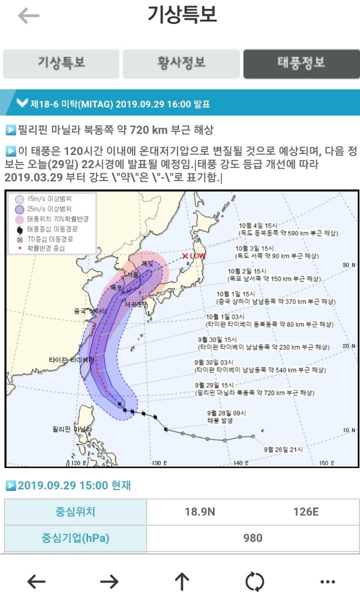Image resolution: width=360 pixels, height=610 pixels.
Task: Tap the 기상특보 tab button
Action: point(61,63)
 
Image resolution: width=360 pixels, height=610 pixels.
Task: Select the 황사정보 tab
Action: point(181,63)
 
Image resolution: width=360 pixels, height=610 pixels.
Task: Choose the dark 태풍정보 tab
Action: point(301,63)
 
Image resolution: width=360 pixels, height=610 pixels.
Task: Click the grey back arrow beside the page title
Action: point(28,16)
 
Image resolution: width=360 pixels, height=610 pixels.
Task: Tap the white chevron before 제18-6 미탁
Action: point(21,103)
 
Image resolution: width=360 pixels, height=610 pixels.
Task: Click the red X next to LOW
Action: point(185,256)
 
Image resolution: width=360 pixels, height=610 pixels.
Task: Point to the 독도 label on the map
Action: point(147,263)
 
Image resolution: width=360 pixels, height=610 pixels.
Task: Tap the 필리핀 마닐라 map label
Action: point(72,429)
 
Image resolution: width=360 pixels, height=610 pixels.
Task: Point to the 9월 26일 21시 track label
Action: point(283,449)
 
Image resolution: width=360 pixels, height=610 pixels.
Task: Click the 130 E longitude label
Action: point(159,463)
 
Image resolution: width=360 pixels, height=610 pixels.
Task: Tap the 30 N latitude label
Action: point(348,265)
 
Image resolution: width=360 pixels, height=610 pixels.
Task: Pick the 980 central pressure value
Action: point(252,538)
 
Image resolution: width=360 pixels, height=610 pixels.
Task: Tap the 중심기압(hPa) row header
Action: point(75,538)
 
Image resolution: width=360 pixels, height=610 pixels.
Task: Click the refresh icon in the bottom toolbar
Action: point(254,581)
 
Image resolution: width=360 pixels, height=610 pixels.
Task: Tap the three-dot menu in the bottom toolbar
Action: point(327,581)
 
